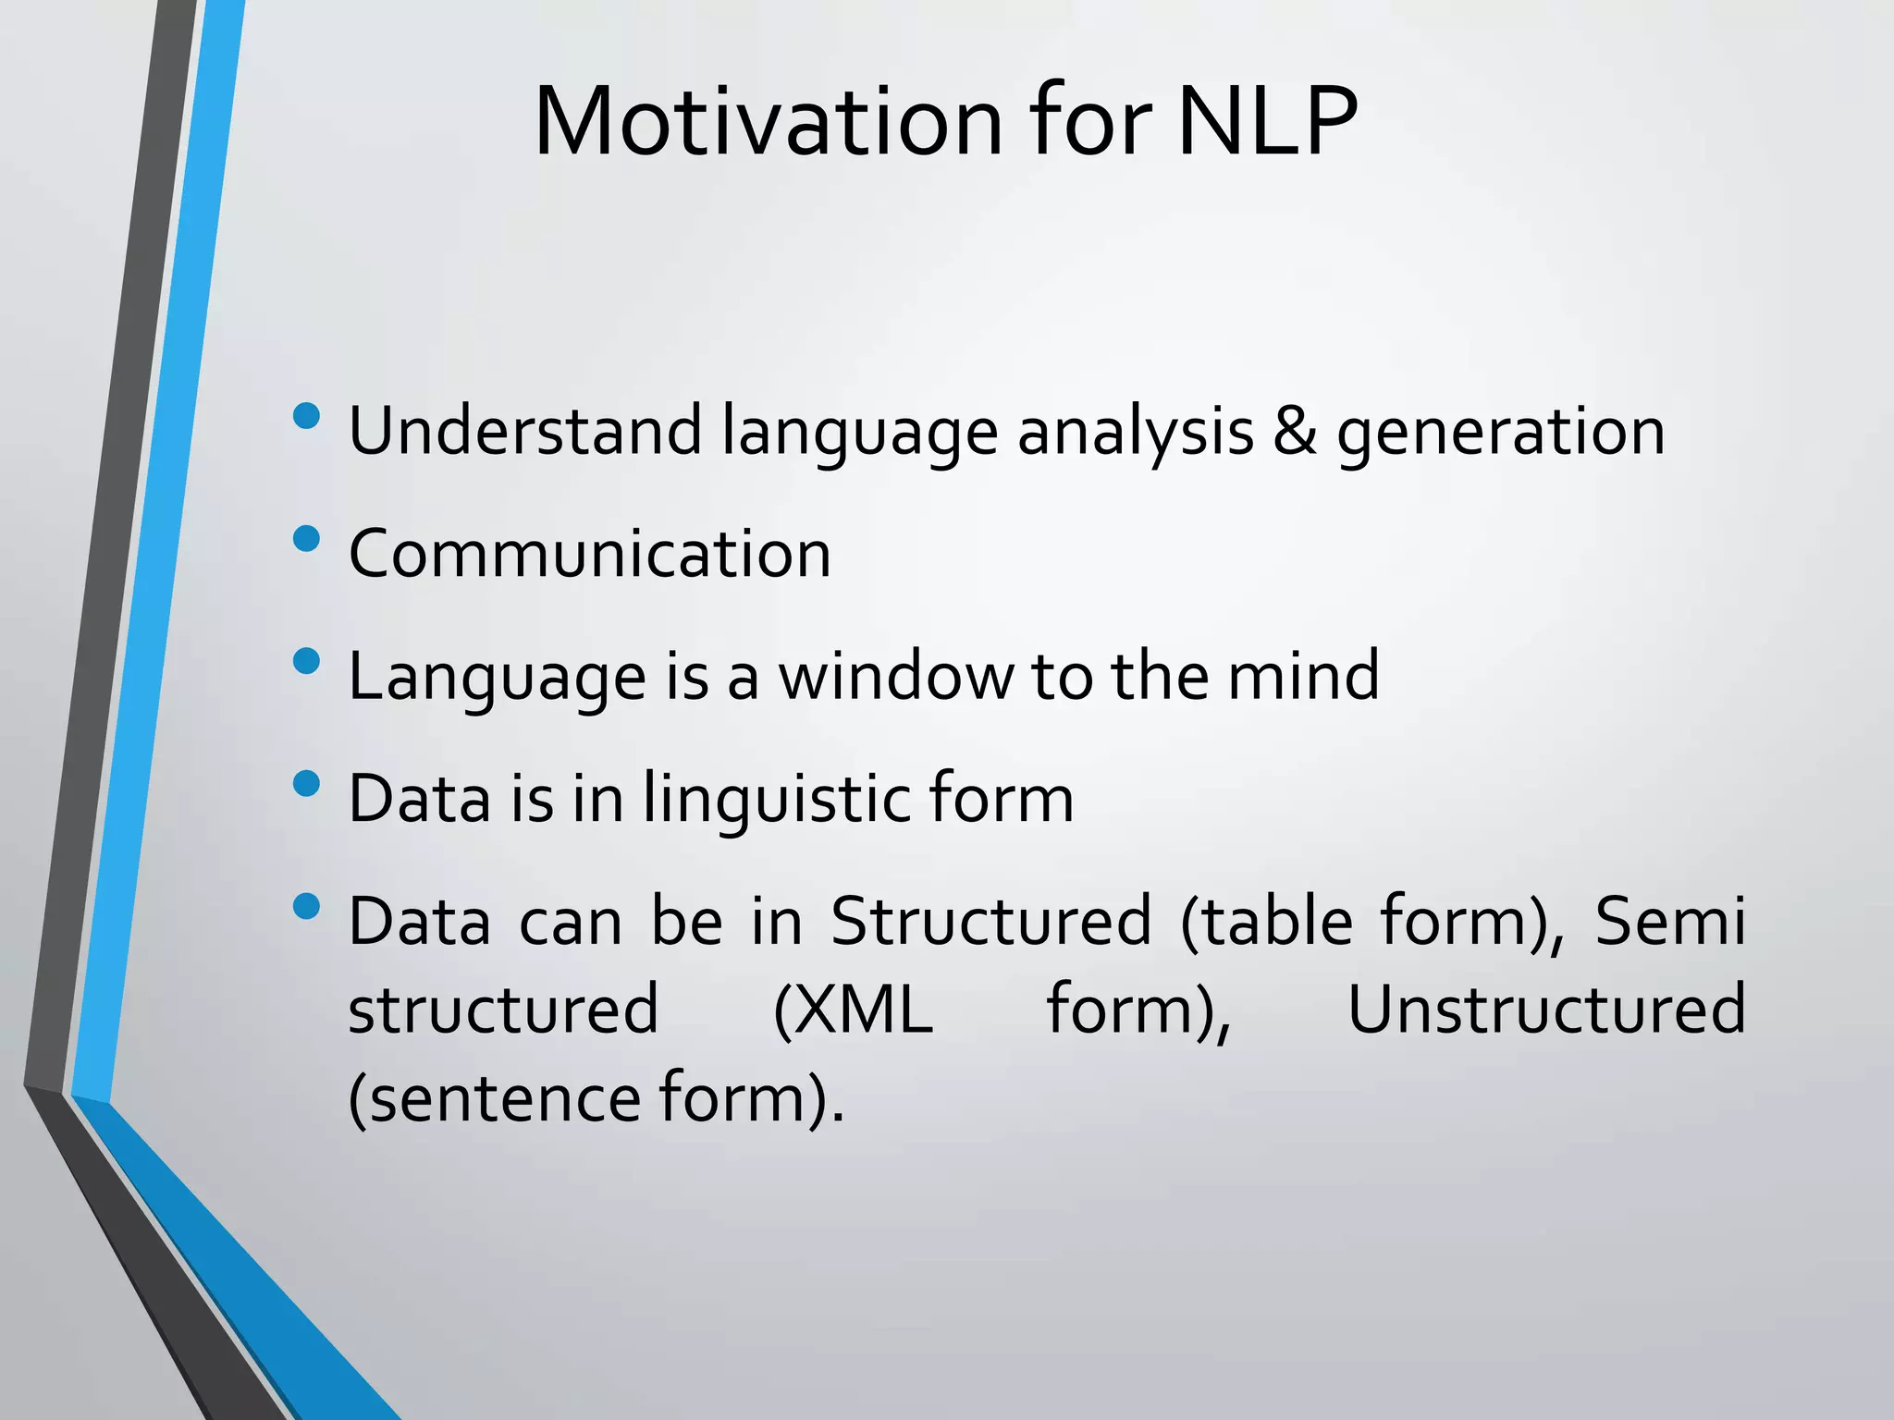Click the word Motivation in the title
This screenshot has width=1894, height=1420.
[768, 122]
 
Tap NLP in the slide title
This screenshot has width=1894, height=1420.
[1267, 122]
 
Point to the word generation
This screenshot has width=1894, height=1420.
[1500, 433]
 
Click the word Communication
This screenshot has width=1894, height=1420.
[589, 554]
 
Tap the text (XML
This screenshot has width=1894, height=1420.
[852, 1010]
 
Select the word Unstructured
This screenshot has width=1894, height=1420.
[1546, 1010]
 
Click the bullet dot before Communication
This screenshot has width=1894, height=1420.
[305, 538]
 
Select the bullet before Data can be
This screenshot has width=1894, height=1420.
[305, 906]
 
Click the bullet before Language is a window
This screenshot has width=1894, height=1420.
[305, 661]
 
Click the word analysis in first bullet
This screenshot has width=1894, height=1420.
[1135, 433]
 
